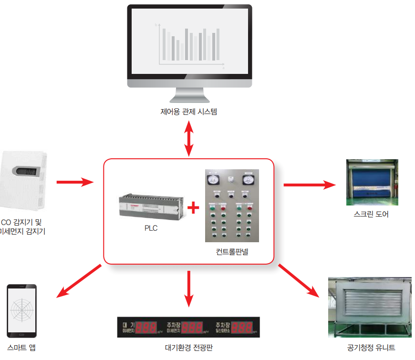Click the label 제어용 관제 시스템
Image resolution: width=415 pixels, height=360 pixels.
[189, 112]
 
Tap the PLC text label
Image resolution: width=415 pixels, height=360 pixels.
[151, 228]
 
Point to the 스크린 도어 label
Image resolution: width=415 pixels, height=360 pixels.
[372, 214]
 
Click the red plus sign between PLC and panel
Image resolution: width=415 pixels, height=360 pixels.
[193, 208]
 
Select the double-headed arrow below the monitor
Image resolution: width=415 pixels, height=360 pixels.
[189, 138]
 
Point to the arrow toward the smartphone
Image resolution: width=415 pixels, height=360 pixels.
[79, 281]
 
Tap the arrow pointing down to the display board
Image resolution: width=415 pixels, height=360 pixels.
[189, 288]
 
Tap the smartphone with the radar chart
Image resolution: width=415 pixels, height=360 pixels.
[22, 309]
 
